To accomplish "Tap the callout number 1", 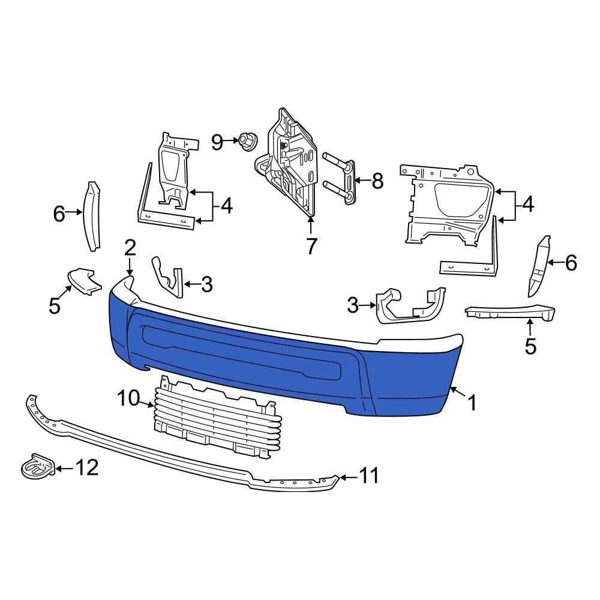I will coord(472,403).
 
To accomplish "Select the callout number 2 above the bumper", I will coord(130,247).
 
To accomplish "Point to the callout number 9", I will coord(217,142).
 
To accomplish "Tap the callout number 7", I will coord(311,246).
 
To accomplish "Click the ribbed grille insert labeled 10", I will coord(216,420).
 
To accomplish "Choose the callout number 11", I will coord(369,476).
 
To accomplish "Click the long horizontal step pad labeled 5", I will coord(510,311).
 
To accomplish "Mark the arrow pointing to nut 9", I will coord(231,142).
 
